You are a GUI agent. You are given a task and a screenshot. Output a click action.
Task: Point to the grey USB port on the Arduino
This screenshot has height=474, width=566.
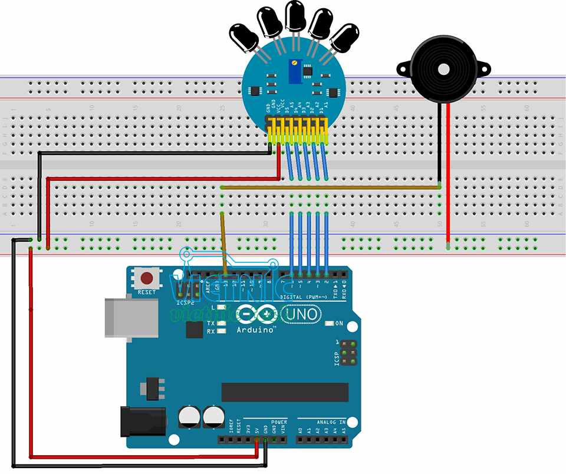(x=131, y=317)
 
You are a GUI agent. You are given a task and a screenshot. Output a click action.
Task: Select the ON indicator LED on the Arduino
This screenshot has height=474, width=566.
(x=331, y=324)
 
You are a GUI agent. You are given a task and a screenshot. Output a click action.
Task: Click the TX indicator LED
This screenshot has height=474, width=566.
(x=222, y=324)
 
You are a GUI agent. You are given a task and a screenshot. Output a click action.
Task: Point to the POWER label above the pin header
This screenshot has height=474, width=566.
(x=279, y=422)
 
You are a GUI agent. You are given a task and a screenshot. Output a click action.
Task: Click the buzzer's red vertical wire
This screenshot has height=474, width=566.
(x=448, y=177)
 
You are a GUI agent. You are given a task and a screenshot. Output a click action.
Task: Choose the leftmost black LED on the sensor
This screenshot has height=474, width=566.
(x=244, y=37)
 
